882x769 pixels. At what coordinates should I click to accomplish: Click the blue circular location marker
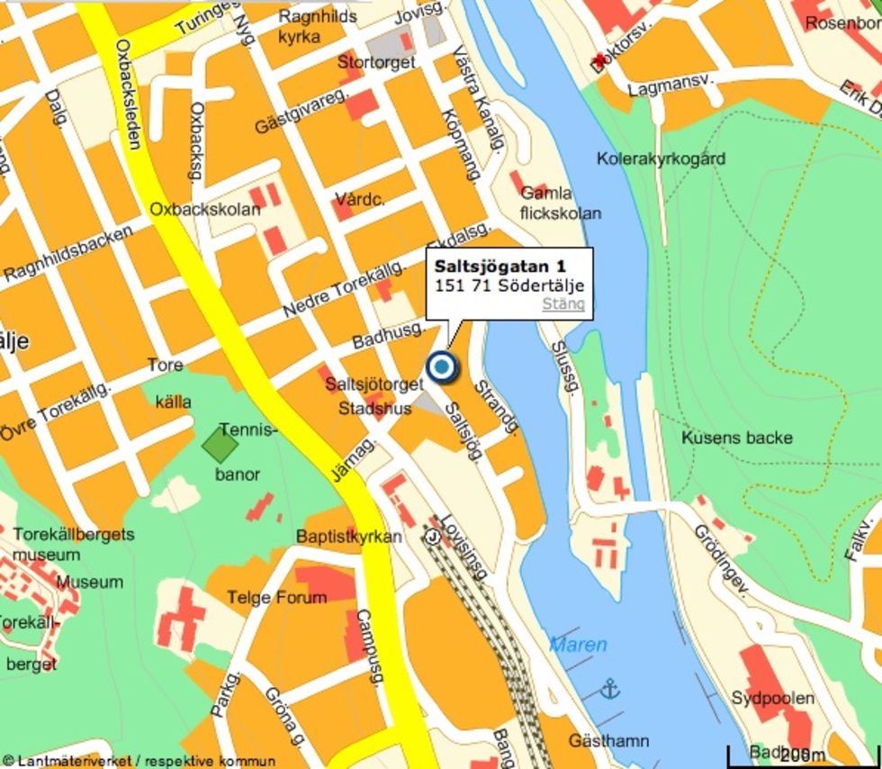point(441,367)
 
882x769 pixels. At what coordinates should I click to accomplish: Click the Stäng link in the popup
point(563,304)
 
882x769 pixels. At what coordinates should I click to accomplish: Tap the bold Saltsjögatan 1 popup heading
point(499,267)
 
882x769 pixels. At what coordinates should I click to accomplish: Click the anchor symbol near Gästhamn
point(611,689)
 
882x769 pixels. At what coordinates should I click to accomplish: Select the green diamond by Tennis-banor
point(220,444)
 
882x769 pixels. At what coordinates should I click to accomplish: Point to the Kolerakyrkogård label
point(661,158)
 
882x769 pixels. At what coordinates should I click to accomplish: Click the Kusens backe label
point(736,438)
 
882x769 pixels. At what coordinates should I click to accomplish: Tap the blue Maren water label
point(578,645)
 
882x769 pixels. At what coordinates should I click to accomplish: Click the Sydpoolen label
point(772,698)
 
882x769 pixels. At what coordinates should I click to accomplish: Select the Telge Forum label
point(276,597)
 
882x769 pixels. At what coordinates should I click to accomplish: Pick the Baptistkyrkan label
point(349,537)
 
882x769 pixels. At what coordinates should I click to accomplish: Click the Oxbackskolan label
point(204,209)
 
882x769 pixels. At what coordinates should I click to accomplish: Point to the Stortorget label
point(376,62)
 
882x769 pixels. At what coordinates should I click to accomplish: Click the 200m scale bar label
point(803,755)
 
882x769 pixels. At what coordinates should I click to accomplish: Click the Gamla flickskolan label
point(560,204)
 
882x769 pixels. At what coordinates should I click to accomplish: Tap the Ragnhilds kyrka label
point(317,26)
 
